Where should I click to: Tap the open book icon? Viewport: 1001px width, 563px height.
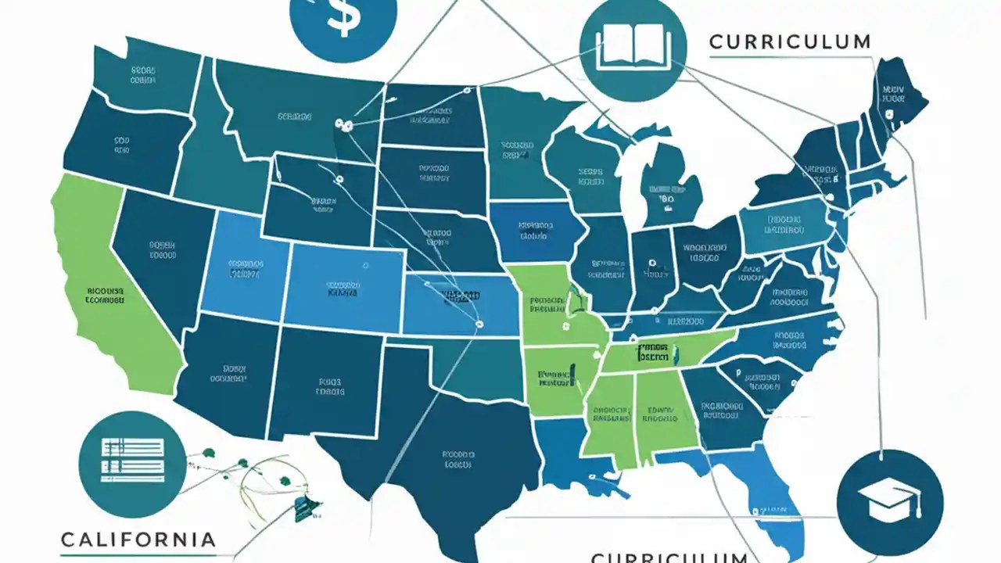pos(633,49)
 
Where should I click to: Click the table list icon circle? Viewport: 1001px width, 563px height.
pos(133,457)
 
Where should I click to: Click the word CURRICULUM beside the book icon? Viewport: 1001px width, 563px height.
pos(790,42)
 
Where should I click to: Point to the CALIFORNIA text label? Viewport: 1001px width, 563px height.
pos(138,540)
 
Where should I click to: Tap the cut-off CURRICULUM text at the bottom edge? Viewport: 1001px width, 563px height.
pos(669,556)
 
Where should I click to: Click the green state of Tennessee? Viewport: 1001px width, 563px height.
pos(665,353)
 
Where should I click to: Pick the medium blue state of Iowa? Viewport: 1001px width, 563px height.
pos(536,231)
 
